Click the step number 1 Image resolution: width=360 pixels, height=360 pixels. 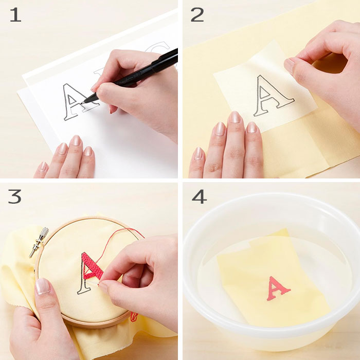point(15,15)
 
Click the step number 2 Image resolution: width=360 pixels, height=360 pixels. point(197,15)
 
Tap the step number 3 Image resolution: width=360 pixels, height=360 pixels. point(15,196)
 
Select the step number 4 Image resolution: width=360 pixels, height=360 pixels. point(199,196)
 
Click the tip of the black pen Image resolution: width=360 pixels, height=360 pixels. point(84,102)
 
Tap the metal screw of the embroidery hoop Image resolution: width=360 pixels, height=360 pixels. point(39,242)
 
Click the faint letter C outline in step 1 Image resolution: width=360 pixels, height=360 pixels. point(158,49)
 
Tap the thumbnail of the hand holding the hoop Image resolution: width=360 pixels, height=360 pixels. point(43,286)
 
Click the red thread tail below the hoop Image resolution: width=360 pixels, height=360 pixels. point(133,317)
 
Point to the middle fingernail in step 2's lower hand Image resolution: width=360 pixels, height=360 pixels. point(235,117)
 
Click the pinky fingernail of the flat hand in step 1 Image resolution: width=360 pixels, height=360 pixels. point(43,167)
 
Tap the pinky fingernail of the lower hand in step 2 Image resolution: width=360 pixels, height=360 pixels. point(198,153)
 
